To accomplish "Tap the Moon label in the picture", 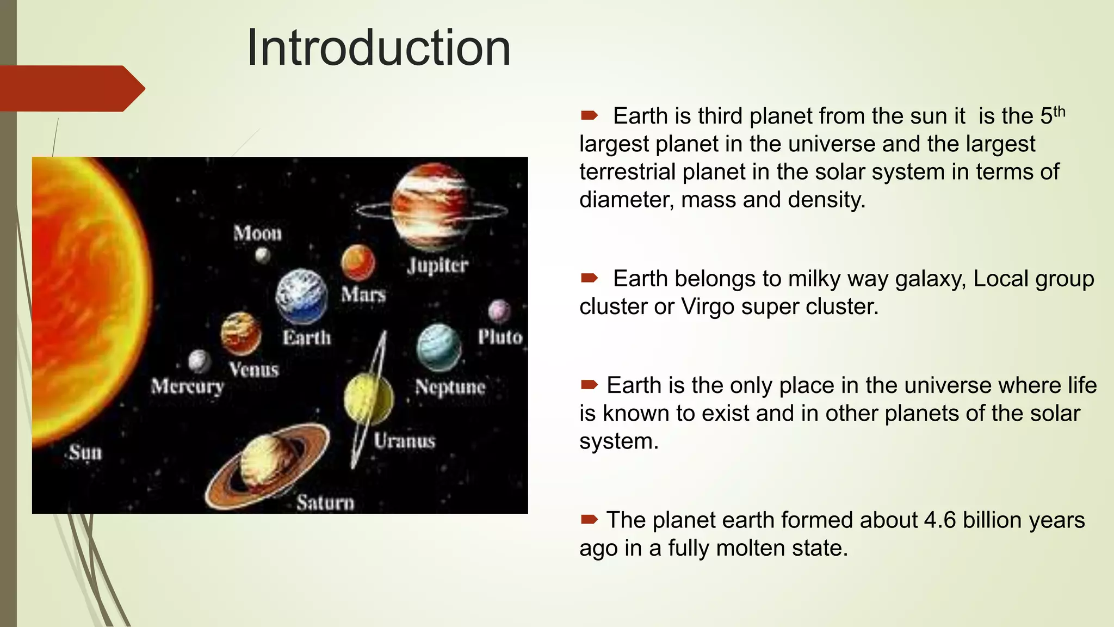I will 258,233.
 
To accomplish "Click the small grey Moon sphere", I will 263,255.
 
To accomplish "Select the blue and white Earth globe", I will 301,297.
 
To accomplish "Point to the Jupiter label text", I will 437,266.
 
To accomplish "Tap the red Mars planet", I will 358,262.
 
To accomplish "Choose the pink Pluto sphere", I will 499,311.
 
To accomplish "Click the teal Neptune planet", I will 438,347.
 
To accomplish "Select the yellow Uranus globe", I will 369,399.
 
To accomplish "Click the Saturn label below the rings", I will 325,502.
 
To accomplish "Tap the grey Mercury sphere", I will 199,361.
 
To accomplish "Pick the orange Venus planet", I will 240,333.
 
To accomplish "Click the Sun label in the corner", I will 85,452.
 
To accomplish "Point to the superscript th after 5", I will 1059,112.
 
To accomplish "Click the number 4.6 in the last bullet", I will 939,520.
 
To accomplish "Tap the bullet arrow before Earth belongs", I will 589,279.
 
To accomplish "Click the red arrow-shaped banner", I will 71,88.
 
